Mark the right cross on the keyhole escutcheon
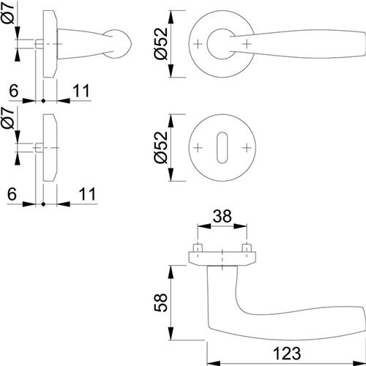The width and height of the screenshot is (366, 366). pos(247,147)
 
